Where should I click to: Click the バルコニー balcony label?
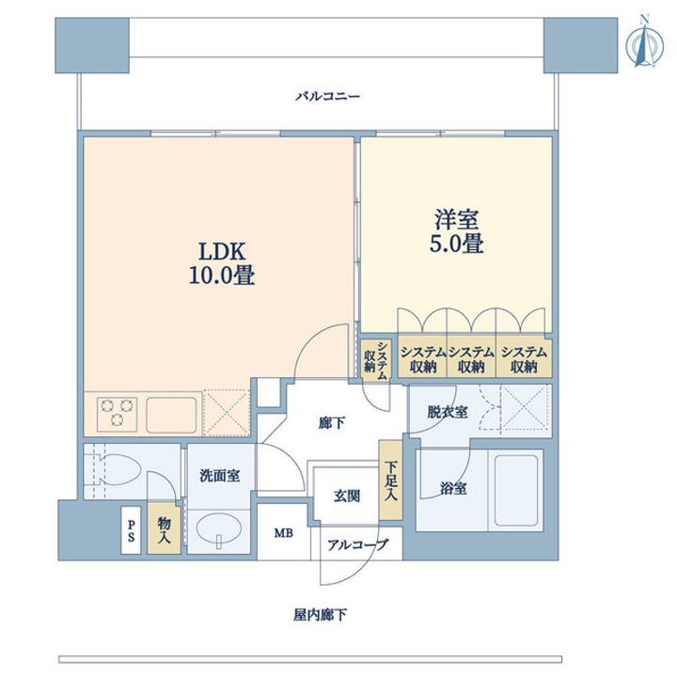coord(327,96)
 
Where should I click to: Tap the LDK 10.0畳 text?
coord(222,263)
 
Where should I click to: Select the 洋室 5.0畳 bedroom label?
coord(456,231)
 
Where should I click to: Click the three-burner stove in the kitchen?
coord(117,414)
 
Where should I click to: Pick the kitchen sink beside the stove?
coord(171,415)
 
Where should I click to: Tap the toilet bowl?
coord(117,470)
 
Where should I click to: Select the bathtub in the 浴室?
coord(516,489)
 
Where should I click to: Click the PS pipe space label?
coord(131,529)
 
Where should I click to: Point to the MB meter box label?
coord(284,533)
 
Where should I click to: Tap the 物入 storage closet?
coord(164,528)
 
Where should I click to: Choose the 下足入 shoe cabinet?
coord(390,480)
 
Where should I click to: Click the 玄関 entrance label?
coord(347,496)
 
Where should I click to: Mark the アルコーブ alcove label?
coord(358,544)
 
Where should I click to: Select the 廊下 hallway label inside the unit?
coord(332,423)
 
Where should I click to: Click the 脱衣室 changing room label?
coord(448,412)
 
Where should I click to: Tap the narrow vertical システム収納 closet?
coord(376,360)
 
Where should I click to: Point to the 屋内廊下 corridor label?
coord(320,615)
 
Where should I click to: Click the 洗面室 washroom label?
coord(219,476)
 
